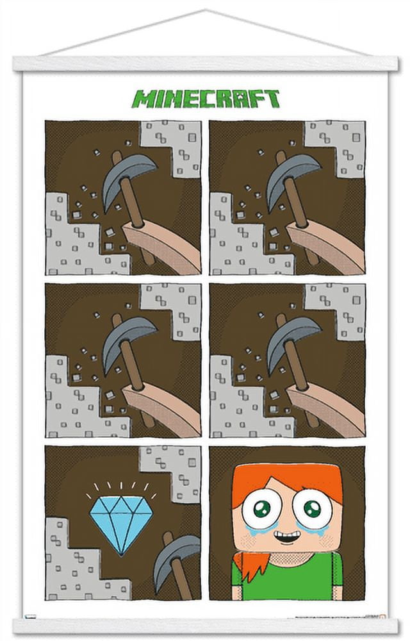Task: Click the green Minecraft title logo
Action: [x=206, y=99]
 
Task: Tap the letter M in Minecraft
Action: [x=142, y=99]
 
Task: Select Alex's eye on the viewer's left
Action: [x=263, y=510]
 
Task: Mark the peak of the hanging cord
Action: [x=205, y=11]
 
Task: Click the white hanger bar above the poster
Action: [x=205, y=63]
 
